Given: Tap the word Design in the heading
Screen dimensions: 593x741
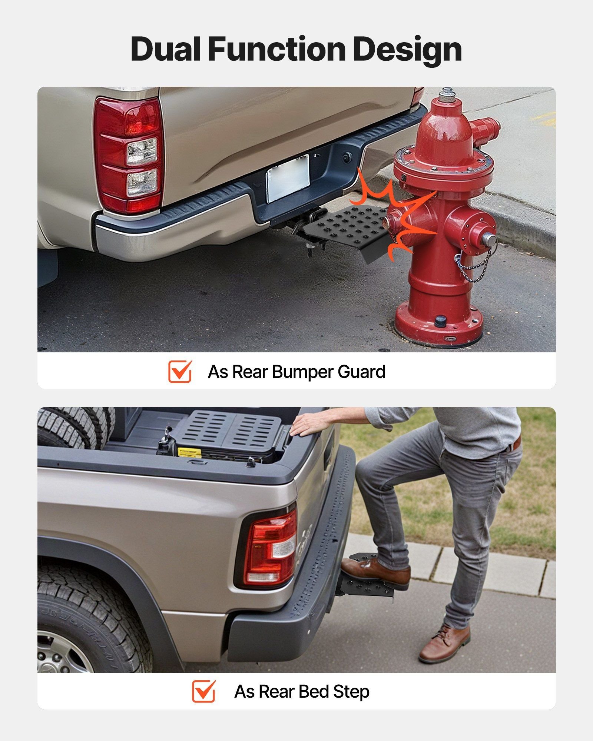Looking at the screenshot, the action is [407, 51].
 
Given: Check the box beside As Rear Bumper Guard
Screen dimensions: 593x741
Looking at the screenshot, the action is [180, 371].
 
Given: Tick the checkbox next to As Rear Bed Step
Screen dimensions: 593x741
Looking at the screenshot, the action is [204, 691].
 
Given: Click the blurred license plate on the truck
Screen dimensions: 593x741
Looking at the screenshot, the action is [288, 178].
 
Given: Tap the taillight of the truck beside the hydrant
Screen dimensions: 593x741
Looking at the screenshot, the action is [128, 155].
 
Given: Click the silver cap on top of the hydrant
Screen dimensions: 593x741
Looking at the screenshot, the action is [448, 95].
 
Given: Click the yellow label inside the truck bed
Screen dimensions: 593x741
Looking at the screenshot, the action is [189, 452].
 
